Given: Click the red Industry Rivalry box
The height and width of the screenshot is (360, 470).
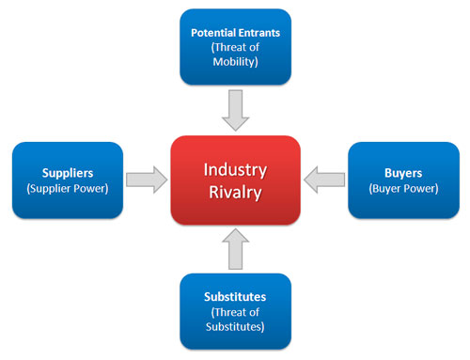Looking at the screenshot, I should pyautogui.click(x=235, y=180).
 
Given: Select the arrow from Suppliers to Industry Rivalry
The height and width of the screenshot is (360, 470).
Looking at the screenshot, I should pyautogui.click(x=146, y=180).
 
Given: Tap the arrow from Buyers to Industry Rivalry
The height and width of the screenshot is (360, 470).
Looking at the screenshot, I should pyautogui.click(x=324, y=180).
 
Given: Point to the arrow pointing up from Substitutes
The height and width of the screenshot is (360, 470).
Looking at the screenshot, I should pyautogui.click(x=235, y=249).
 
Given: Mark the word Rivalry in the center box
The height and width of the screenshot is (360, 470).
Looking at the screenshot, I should pyautogui.click(x=235, y=192).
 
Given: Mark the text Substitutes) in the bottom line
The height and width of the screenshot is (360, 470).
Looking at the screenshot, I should pyautogui.click(x=235, y=328).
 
